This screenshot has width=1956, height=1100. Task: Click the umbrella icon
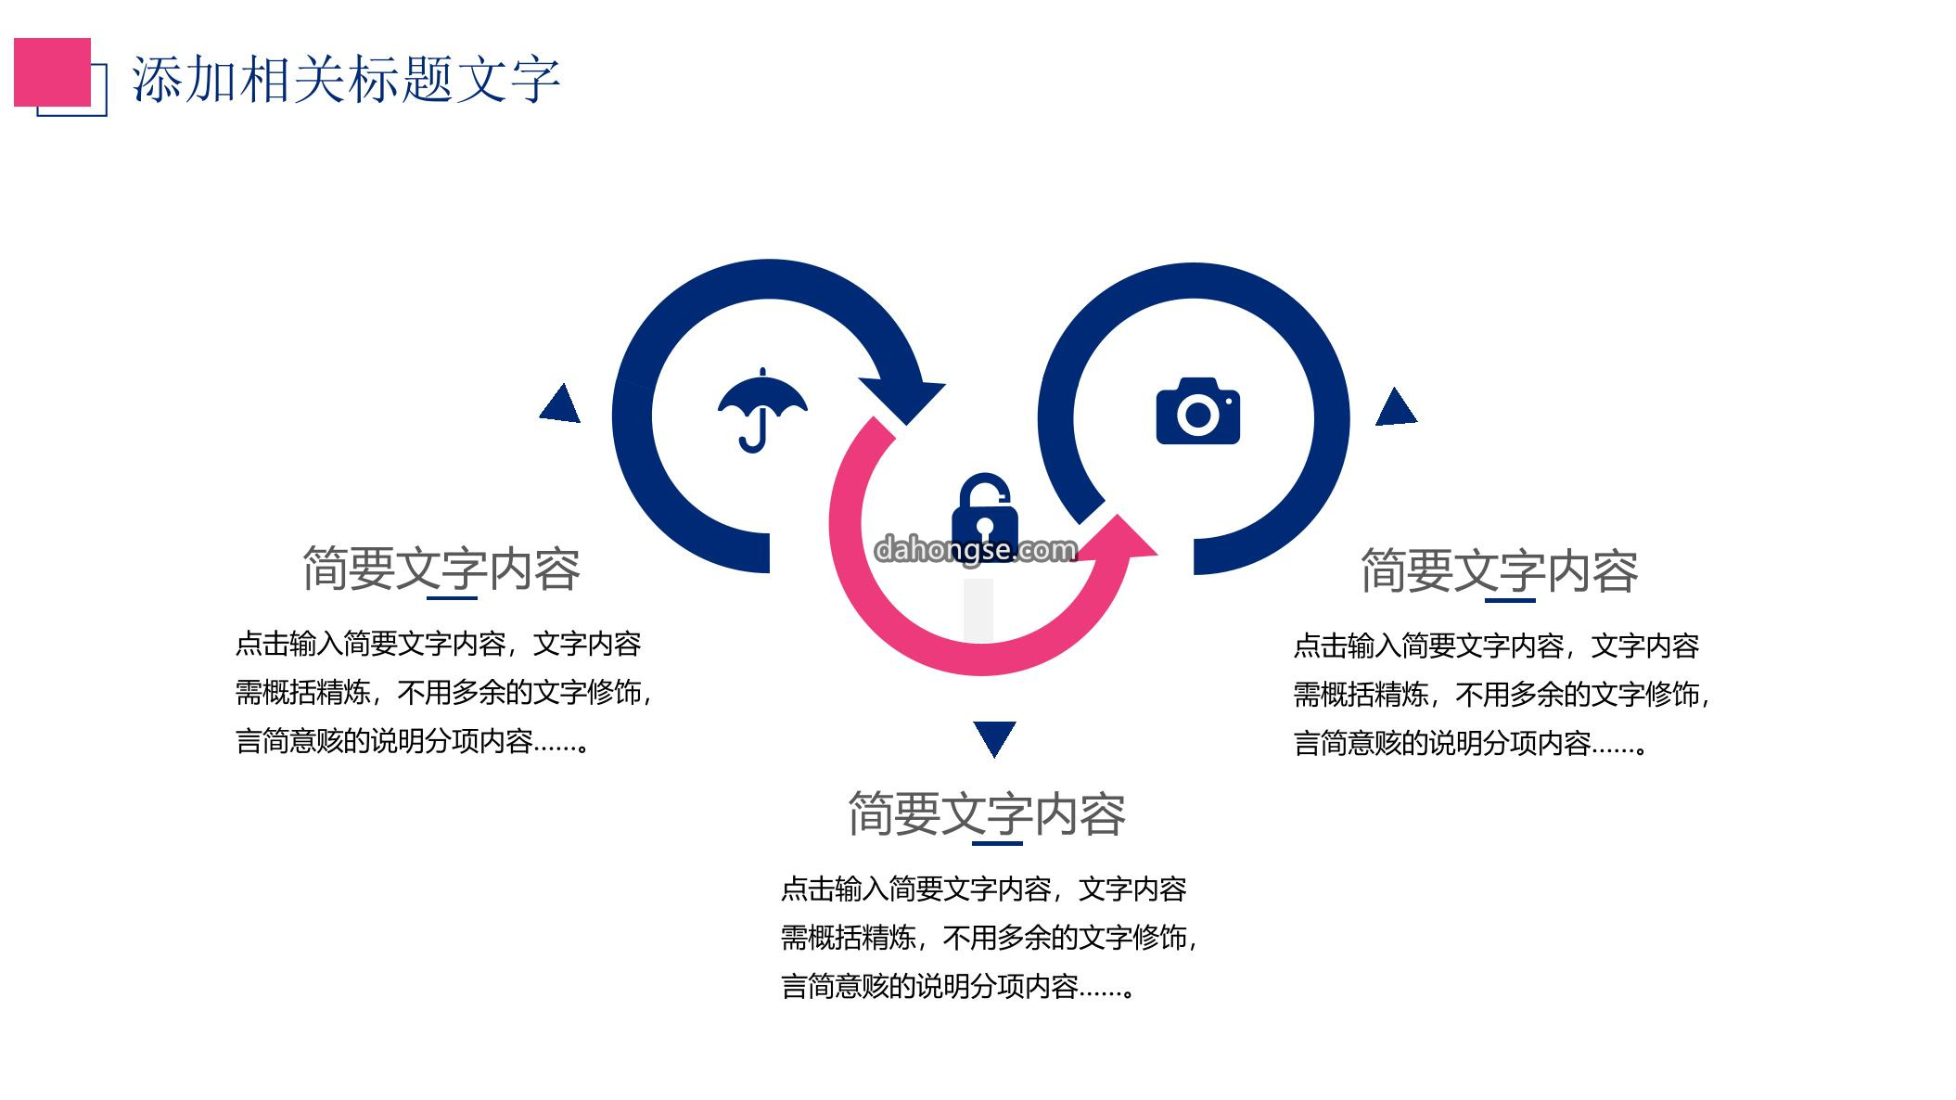pos(762,410)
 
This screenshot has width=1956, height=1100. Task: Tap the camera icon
pos(1198,411)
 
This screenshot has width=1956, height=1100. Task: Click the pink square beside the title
pos(52,72)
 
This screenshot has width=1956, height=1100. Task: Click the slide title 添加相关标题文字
pos(346,79)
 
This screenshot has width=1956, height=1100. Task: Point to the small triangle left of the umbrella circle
pos(560,403)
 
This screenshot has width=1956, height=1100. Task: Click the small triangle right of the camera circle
pos(1396,406)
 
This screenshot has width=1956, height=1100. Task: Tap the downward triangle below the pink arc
pos(994,738)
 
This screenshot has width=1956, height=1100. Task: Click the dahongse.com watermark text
pos(976,550)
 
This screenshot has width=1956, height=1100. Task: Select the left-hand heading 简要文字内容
pos(441,569)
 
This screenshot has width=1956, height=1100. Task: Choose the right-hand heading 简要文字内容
pos(1499,570)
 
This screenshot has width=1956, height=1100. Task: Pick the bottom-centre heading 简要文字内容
pos(987,814)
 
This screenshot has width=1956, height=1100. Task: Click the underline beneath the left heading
pos(452,598)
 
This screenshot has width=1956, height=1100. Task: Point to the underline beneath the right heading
pos(1510,600)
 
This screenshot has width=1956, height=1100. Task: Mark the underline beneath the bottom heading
pos(997,844)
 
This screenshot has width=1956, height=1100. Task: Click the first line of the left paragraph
pos(438,644)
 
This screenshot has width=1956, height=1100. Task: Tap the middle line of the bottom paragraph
pos(989,938)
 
